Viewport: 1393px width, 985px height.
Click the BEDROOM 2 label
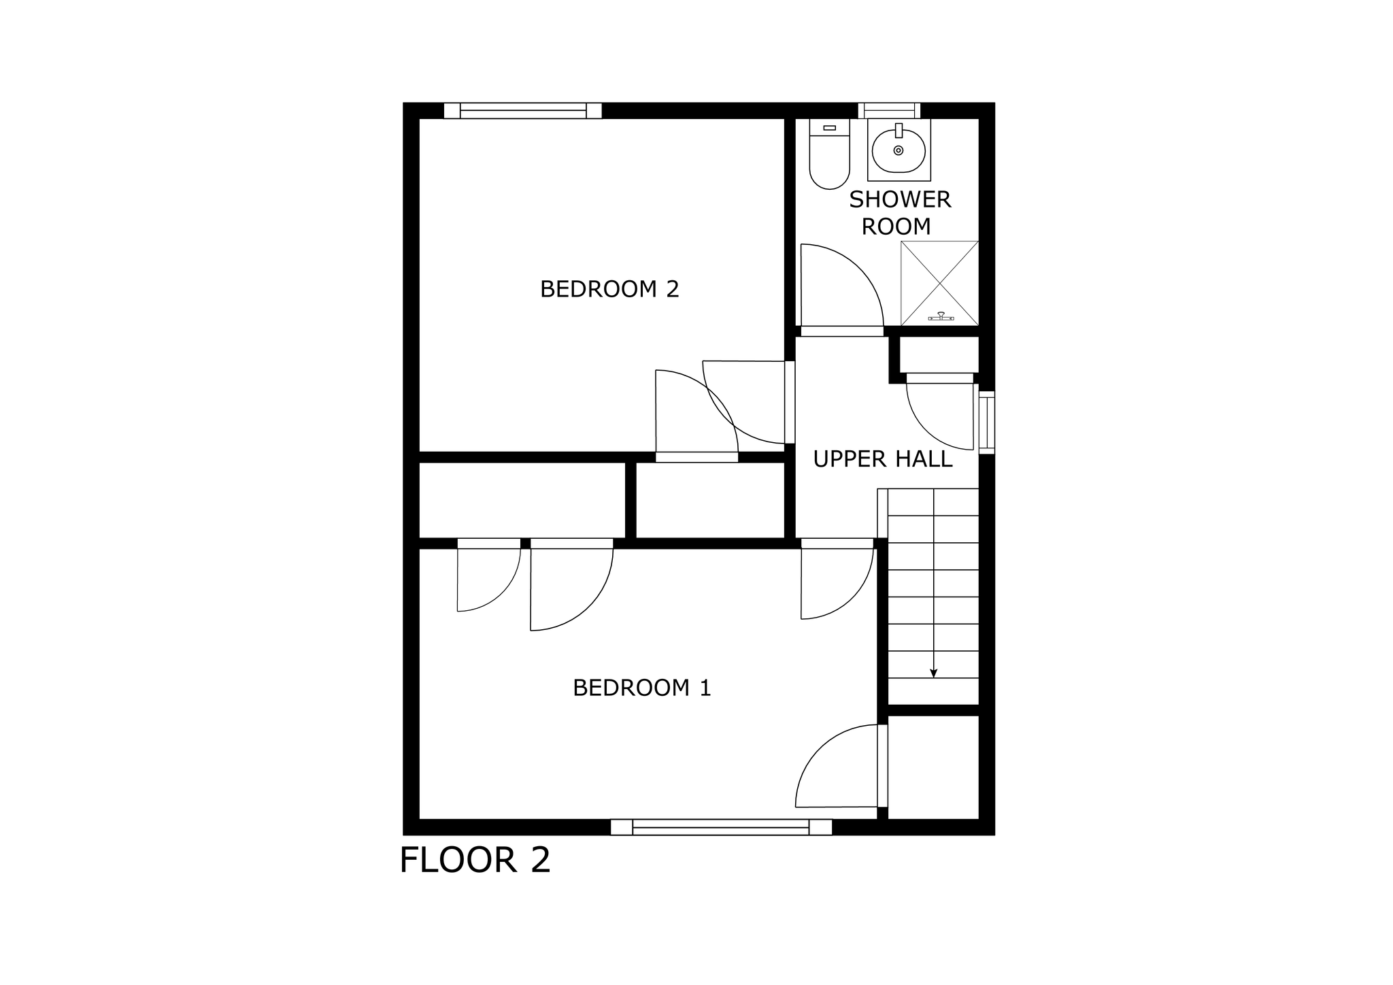[609, 289]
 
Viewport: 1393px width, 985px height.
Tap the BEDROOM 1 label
[641, 688]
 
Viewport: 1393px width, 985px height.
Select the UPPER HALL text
[882, 459]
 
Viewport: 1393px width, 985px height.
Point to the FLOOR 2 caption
[475, 860]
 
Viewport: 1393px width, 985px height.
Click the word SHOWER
[900, 199]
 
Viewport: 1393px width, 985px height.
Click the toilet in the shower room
[830, 154]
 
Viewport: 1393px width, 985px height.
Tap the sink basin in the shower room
[899, 150]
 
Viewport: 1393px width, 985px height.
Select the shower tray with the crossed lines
[939, 283]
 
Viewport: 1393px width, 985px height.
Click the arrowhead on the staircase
[934, 673]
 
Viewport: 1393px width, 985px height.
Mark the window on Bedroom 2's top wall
[522, 111]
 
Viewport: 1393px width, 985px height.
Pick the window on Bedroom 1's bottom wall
[721, 827]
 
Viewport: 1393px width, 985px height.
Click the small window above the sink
[888, 110]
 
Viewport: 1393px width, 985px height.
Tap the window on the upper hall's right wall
[986, 422]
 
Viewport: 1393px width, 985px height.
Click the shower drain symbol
[941, 316]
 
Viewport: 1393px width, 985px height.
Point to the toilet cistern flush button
[829, 128]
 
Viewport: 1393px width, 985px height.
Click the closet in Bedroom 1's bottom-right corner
[933, 767]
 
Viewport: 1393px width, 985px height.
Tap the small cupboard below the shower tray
[939, 354]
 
